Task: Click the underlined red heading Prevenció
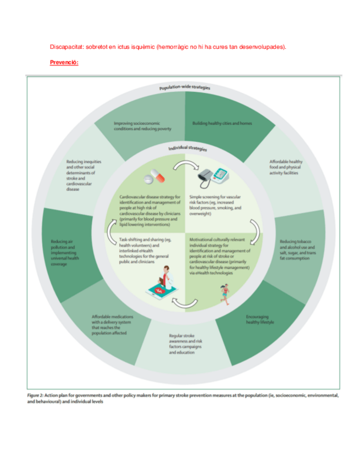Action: click(x=64, y=62)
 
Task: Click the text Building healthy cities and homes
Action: click(x=222, y=124)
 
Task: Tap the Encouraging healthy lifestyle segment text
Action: click(x=259, y=320)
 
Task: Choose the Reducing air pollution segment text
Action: click(x=68, y=252)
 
